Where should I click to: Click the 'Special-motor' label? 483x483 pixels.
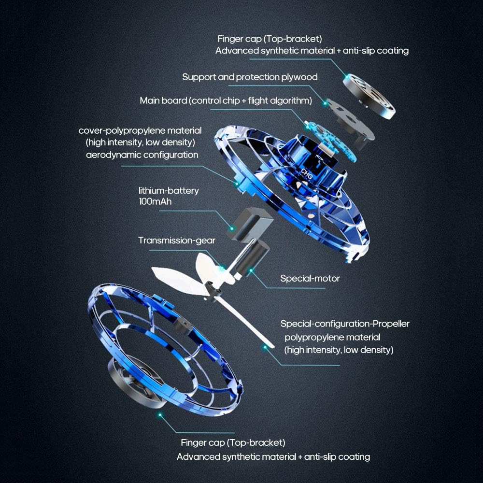tap(310, 278)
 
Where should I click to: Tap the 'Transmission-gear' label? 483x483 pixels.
tap(177, 240)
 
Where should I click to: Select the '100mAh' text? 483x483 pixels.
tap(155, 201)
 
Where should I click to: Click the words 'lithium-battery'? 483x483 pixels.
tap(169, 190)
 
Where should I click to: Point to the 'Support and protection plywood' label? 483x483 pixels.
tap(250, 77)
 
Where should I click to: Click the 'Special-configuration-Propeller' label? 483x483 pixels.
tap(345, 324)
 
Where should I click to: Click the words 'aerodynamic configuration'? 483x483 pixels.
tap(142, 155)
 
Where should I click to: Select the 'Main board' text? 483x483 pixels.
tap(162, 100)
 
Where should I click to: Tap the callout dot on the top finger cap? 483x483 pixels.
tap(346, 76)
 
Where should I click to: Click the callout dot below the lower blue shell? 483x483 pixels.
tap(160, 414)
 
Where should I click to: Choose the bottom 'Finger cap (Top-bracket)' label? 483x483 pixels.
tap(233, 442)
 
